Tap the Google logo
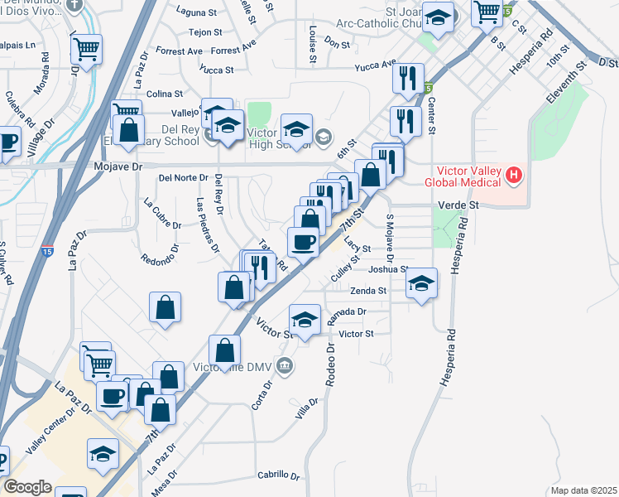click(27, 487)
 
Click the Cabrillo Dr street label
click(277, 475)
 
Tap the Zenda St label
click(368, 291)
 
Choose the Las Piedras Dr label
click(207, 224)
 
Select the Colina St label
click(163, 94)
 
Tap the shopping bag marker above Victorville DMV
click(225, 350)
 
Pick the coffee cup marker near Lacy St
click(303, 241)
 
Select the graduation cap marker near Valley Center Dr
click(103, 454)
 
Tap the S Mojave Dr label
click(390, 239)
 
